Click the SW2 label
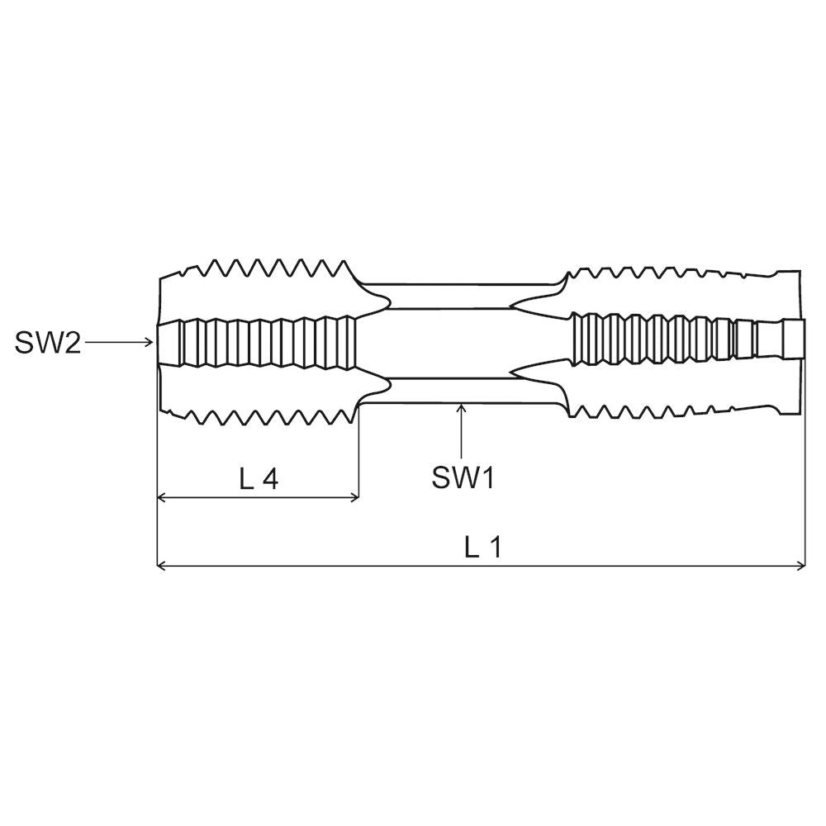(x=47, y=343)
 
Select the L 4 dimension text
(x=258, y=478)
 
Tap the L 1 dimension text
(x=482, y=548)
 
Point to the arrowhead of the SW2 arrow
(x=150, y=343)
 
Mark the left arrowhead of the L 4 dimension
(x=162, y=496)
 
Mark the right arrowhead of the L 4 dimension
(x=354, y=496)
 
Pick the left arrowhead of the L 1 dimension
(x=162, y=566)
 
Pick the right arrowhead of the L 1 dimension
(x=800, y=566)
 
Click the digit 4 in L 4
(x=270, y=478)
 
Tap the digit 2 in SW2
(x=73, y=343)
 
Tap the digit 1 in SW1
(x=488, y=478)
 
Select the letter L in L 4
(x=246, y=478)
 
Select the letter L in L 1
(x=471, y=548)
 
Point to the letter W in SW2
(x=49, y=343)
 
